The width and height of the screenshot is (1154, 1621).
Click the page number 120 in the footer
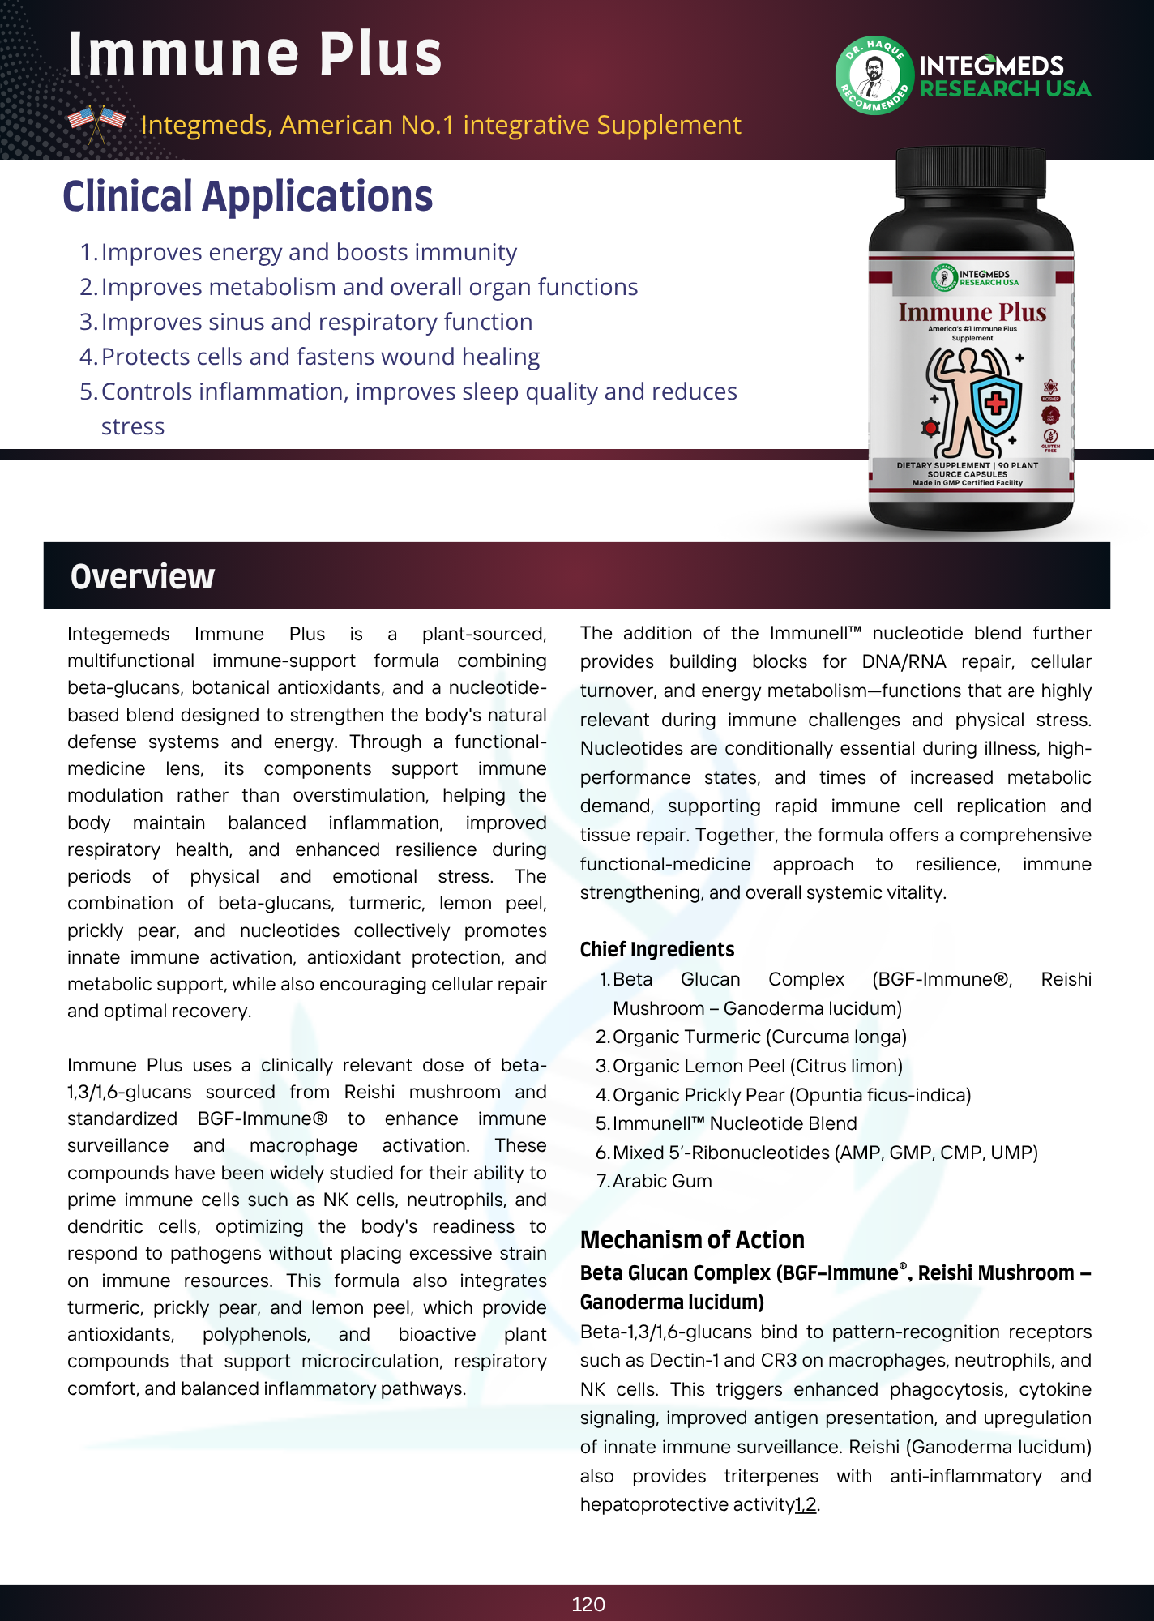tap(588, 1604)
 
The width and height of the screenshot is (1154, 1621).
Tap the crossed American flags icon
tap(96, 123)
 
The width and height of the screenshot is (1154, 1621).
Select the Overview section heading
tap(143, 576)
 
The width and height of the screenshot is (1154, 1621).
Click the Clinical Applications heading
tap(248, 197)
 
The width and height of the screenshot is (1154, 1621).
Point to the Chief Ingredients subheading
tap(657, 949)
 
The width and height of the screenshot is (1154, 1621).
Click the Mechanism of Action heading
tap(692, 1239)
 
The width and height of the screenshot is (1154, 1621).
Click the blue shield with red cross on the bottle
tap(995, 403)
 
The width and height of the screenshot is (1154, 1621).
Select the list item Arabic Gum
tap(662, 1181)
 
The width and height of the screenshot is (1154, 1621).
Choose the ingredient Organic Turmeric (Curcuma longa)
tap(759, 1037)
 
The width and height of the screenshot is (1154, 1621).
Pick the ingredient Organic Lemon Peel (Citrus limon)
tap(757, 1066)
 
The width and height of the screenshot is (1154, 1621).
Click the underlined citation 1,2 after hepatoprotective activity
tap(806, 1504)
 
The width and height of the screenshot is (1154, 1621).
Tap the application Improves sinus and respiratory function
tap(317, 322)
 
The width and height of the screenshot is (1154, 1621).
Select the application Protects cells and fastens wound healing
tap(320, 357)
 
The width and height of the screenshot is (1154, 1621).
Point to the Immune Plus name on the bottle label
tap(972, 312)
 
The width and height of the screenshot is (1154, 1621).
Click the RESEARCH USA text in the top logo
tap(1005, 89)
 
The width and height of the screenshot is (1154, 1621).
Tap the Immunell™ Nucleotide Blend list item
tap(734, 1123)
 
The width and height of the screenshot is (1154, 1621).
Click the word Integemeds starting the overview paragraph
tap(118, 634)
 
